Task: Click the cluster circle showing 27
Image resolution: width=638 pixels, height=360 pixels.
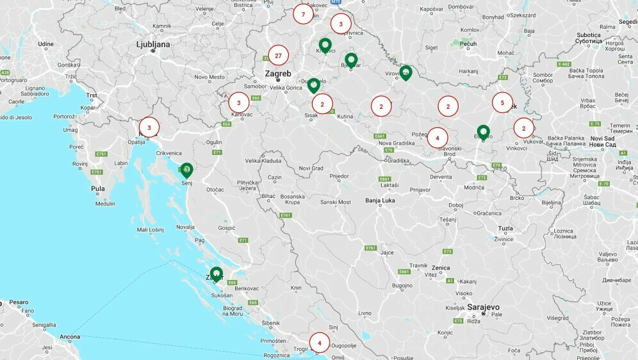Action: click(x=278, y=56)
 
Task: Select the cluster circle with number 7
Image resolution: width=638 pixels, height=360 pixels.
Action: click(x=303, y=14)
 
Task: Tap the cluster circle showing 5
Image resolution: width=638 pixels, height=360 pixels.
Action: click(x=503, y=102)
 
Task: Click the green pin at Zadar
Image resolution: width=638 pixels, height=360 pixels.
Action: click(x=217, y=274)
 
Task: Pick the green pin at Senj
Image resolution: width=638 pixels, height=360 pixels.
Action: click(x=186, y=170)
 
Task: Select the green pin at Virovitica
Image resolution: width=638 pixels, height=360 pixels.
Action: click(x=405, y=72)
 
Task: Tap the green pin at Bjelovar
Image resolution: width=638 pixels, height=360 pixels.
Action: click(x=351, y=60)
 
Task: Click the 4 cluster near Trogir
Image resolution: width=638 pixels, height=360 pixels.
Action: click(x=320, y=343)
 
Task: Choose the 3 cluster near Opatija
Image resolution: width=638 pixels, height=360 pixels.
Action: click(x=149, y=127)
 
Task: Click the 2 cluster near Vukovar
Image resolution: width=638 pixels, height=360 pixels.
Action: click(x=523, y=128)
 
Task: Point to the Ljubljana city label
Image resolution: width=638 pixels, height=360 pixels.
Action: click(x=153, y=44)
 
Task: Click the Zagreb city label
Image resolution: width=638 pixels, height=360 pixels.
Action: click(x=278, y=74)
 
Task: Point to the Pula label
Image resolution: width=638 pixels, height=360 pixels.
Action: click(x=97, y=189)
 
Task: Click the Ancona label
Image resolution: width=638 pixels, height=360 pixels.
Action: click(x=70, y=336)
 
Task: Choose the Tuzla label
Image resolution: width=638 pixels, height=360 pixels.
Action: click(x=505, y=228)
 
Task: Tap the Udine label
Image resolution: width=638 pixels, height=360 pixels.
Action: click(x=45, y=44)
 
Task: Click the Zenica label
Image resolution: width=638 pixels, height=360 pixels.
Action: click(x=441, y=267)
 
